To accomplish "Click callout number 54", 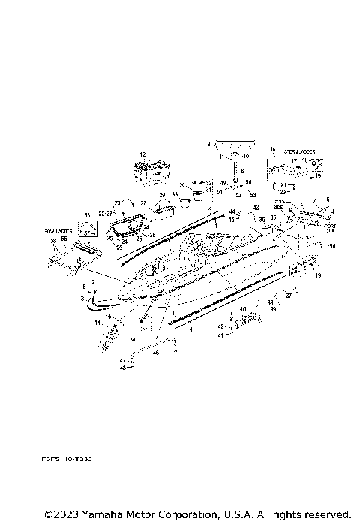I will (333, 246).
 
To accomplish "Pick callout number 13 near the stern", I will (318, 276).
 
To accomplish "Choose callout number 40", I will (242, 309).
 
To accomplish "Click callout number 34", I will (131, 340).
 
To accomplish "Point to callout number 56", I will (87, 214).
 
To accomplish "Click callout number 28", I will (143, 203).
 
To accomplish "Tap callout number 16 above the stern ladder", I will (273, 149).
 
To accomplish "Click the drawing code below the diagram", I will (66, 457).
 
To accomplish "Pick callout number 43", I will (255, 208).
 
